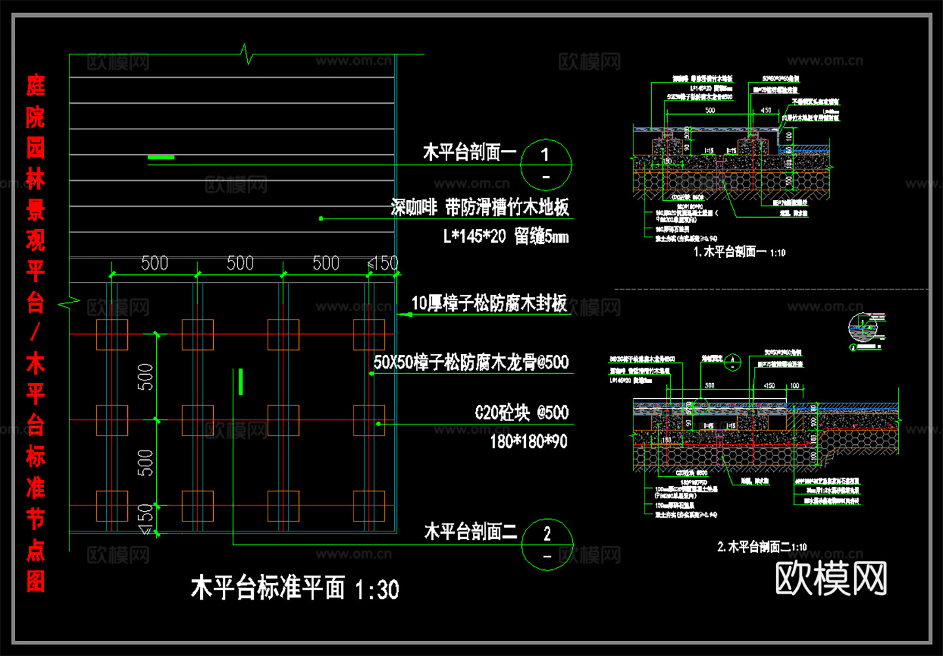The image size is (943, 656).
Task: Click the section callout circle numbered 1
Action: (x=546, y=165)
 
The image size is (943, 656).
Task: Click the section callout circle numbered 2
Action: (x=547, y=544)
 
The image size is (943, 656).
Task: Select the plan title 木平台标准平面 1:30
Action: (x=294, y=588)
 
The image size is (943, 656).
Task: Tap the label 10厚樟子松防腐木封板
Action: (x=489, y=303)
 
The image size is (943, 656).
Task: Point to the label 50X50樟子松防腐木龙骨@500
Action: (x=471, y=362)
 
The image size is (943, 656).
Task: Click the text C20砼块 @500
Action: (x=521, y=413)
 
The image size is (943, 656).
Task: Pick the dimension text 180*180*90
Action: (x=529, y=441)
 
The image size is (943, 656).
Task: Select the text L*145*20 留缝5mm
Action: (x=506, y=236)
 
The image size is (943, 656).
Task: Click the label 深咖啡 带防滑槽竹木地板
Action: (x=479, y=207)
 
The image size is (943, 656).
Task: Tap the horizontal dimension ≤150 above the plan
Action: (x=383, y=263)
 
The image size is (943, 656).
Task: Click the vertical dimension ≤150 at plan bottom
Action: (x=146, y=518)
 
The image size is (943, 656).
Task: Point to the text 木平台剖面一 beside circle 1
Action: (x=470, y=153)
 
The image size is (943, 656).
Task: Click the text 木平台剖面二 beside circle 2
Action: (x=470, y=531)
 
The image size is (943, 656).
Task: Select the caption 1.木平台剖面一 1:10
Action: (x=739, y=252)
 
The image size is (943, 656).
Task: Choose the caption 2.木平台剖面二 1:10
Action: (x=761, y=546)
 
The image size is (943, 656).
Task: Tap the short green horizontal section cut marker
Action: (x=161, y=157)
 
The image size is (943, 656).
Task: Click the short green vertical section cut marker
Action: (x=241, y=382)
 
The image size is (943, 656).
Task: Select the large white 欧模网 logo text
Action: (x=831, y=578)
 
